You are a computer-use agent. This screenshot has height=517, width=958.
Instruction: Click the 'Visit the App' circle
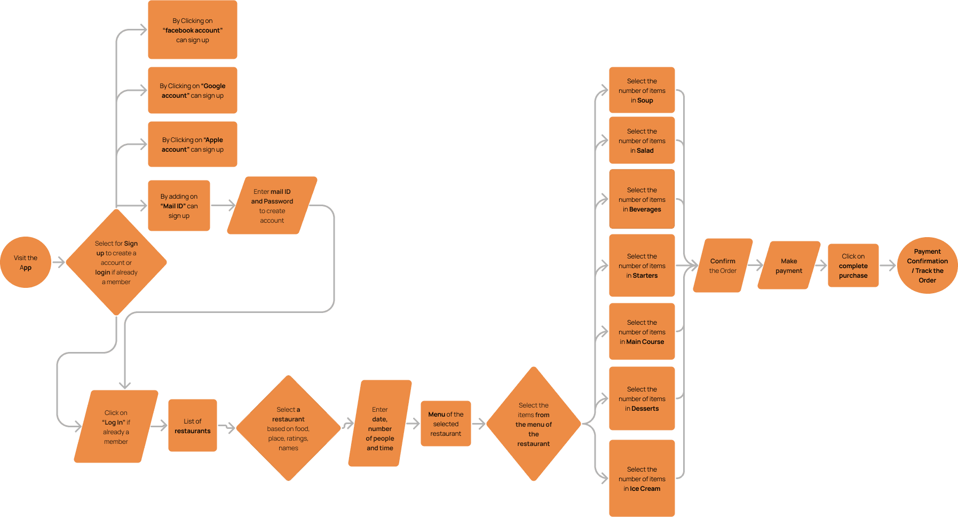26,262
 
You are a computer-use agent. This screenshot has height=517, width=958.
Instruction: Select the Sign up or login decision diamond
116,262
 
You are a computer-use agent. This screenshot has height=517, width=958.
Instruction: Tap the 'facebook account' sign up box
193,30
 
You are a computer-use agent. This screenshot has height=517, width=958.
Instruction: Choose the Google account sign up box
193,90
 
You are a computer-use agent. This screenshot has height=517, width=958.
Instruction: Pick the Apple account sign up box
193,144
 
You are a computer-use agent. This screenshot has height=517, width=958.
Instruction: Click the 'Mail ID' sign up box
179,206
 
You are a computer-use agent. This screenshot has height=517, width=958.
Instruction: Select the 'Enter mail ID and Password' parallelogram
272,206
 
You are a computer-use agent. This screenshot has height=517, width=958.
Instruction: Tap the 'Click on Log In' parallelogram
116,427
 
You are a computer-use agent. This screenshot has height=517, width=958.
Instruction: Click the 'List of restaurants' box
193,426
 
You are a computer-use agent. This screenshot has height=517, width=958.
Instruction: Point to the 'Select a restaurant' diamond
288,428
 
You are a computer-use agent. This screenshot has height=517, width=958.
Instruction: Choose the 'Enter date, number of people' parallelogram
380,424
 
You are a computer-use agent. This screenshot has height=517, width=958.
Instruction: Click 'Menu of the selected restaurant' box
446,424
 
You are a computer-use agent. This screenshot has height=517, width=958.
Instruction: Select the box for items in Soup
642,90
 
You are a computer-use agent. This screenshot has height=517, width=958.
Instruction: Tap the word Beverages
645,209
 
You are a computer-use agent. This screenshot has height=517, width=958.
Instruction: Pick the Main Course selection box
642,332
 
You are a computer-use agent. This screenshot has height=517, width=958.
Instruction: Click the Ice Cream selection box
642,478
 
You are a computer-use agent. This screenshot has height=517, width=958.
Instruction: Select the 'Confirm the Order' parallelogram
723,265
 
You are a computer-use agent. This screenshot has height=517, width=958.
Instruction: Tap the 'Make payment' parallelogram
789,265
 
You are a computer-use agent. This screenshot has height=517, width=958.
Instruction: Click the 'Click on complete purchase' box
853,265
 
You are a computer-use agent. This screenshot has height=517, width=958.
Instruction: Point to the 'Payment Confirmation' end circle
927,265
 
